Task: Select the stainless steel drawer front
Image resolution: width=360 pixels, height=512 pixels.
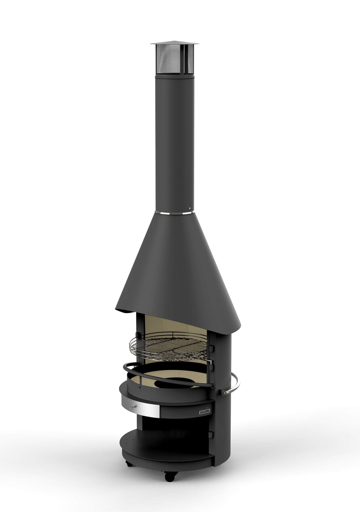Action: tap(139, 409)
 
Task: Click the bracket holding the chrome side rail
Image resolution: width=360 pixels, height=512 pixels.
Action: tap(222, 392)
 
